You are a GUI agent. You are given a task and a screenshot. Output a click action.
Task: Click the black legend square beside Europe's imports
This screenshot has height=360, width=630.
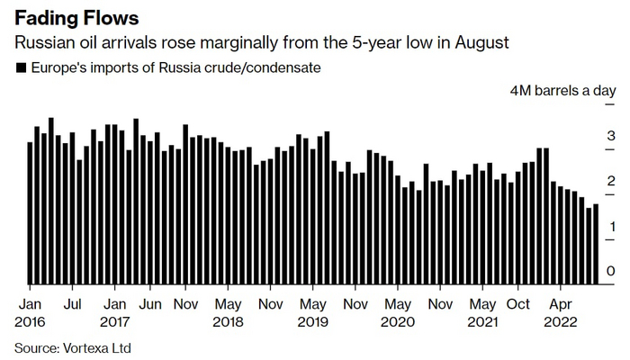click(21, 68)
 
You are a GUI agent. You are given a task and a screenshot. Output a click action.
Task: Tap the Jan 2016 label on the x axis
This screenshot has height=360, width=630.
click(32, 304)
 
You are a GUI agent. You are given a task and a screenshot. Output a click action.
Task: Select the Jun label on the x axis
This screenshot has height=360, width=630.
click(150, 304)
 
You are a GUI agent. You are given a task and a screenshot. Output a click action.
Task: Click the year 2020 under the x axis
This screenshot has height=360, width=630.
click(397, 321)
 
